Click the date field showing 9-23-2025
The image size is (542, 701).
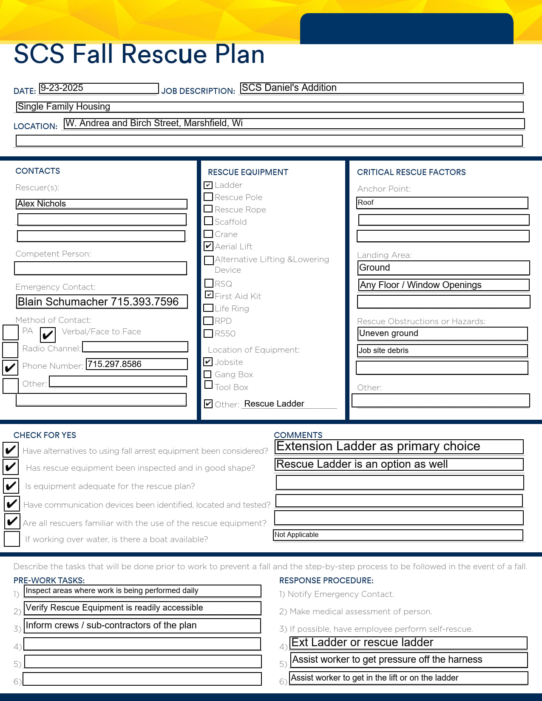point(99,88)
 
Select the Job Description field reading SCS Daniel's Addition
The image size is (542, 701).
point(381,88)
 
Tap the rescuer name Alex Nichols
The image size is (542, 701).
point(102,204)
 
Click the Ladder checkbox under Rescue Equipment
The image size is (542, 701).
point(208,185)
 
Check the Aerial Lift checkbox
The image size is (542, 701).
point(208,246)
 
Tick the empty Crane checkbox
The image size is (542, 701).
point(208,234)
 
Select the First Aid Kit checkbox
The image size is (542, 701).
point(209,294)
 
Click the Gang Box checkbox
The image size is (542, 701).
point(208,374)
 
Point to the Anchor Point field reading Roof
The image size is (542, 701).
point(442,203)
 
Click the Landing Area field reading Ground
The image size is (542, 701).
point(444,268)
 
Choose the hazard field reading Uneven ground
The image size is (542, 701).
point(443,334)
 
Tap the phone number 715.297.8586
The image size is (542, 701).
point(136,364)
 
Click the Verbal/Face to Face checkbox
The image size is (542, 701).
point(48,335)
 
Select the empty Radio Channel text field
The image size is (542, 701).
point(135,347)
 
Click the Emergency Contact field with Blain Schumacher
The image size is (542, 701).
point(102,302)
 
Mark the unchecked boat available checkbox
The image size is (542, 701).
point(12,539)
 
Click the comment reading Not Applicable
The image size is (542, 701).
point(398,535)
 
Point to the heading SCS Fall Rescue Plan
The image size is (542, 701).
point(139,54)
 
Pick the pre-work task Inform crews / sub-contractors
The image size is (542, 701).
point(142,625)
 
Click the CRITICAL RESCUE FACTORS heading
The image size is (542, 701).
point(411,172)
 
